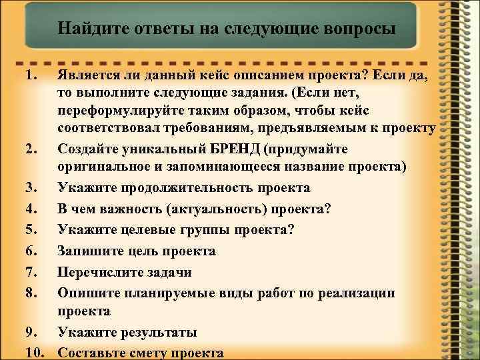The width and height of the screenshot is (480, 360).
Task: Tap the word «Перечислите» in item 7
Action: pos(103,271)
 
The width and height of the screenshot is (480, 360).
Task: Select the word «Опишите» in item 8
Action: pos(85,292)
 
